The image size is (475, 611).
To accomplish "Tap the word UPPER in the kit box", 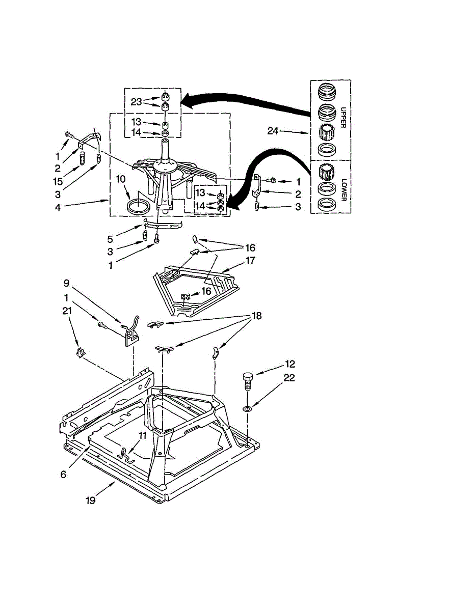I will click(341, 117).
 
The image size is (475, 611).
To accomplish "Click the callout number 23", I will click(136, 102).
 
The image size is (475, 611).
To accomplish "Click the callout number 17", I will click(250, 261).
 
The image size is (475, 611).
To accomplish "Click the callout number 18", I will click(256, 316).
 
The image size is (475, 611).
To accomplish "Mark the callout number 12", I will click(290, 364).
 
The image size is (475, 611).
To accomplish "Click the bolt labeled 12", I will click(247, 380).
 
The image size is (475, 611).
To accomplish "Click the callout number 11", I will click(143, 436).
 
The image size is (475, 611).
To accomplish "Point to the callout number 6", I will click(63, 474).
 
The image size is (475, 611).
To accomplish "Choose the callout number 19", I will click(90, 501).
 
